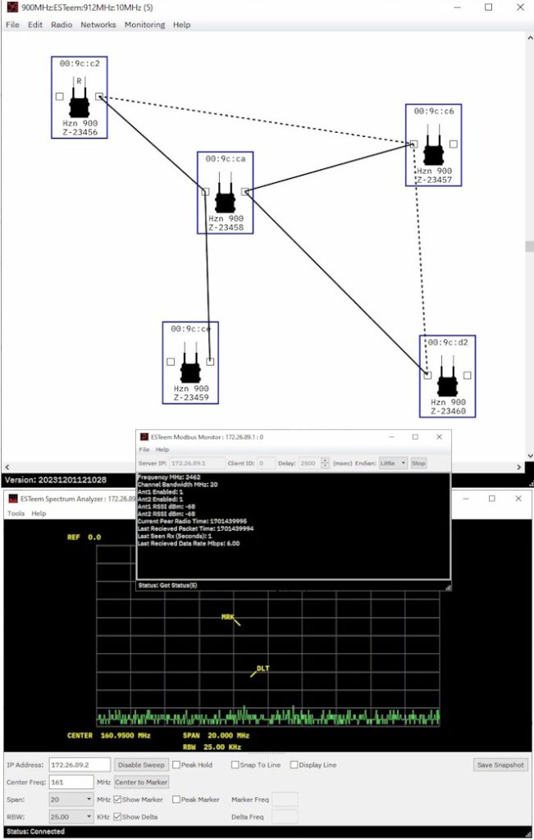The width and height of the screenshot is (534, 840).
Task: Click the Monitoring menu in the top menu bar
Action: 144,25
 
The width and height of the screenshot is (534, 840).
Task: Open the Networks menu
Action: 98,25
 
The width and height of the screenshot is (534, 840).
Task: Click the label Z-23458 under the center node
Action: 226,228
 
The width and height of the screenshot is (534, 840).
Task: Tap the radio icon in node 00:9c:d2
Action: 447,381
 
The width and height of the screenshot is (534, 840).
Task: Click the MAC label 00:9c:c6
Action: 433,111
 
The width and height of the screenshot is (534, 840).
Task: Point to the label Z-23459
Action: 190,398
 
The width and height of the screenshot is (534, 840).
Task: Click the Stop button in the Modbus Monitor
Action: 418,463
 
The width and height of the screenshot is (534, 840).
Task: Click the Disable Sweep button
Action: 141,765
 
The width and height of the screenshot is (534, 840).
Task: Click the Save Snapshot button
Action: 500,765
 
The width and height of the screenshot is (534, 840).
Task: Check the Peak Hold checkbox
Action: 176,765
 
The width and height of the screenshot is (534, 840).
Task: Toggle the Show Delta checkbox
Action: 118,816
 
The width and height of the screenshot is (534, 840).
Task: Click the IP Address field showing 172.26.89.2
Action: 79,765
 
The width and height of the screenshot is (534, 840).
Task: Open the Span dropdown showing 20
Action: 71,799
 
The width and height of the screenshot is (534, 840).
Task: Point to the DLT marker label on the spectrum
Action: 262,669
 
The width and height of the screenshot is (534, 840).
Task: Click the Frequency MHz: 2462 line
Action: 169,477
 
